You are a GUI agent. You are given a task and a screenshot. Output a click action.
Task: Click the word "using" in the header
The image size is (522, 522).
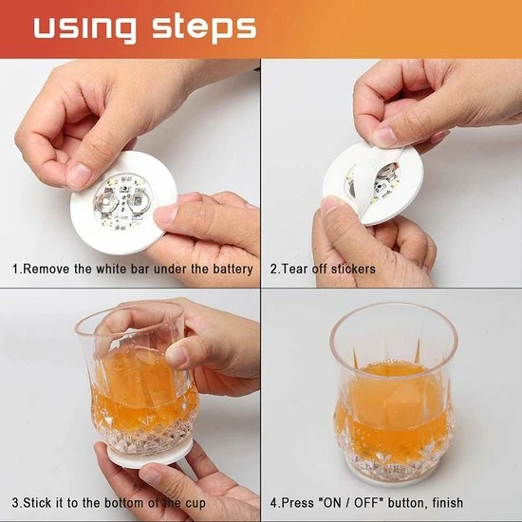tap(85, 28)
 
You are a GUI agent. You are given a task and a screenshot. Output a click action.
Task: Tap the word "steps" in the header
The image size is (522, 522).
tap(204, 28)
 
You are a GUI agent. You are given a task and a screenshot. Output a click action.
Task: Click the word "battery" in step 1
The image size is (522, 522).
tap(233, 269)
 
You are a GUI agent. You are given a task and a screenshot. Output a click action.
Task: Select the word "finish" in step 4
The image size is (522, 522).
tap(447, 502)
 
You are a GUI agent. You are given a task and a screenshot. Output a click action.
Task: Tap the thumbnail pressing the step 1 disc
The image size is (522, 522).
tap(79, 174)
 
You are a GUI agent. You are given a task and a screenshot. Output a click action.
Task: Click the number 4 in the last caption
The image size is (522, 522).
tap(273, 502)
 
